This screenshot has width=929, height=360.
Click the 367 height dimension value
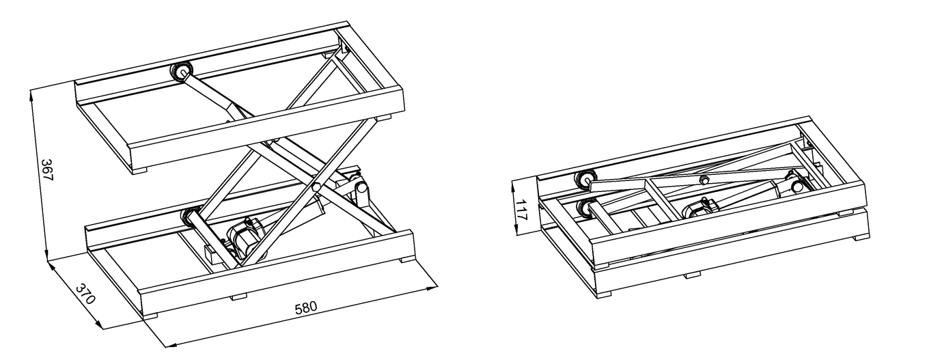pos(47,170)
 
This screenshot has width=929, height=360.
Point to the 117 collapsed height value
pos(521,210)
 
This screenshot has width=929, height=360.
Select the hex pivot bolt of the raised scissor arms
pos(317,186)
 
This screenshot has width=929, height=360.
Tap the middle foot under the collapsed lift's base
pos(693,275)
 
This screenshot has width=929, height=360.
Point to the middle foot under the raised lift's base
pos(239,296)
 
